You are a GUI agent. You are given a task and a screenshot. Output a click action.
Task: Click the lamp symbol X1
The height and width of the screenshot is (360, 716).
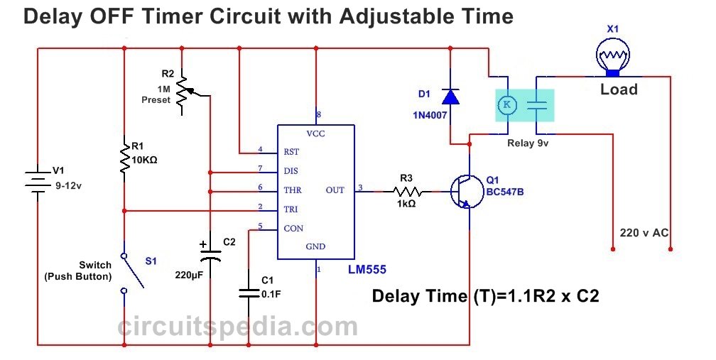[x=612, y=54]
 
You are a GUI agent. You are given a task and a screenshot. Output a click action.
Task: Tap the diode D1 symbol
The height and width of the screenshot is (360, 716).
[x=450, y=95]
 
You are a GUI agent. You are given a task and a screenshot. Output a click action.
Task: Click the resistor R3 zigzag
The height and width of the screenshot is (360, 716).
[x=408, y=191]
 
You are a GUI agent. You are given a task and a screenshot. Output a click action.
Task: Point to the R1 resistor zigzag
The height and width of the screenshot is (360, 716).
[x=124, y=158]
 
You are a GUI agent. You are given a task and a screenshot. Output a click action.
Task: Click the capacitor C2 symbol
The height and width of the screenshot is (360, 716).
[x=210, y=252]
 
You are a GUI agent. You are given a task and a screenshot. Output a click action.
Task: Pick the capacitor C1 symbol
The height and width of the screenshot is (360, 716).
[x=249, y=292]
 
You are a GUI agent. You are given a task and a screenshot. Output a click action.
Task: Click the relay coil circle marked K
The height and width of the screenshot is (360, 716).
[x=507, y=105]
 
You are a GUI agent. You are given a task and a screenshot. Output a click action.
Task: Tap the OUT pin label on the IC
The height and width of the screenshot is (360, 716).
[x=335, y=190]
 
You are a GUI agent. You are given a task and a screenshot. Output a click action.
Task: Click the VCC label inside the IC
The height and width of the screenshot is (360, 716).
[x=316, y=133]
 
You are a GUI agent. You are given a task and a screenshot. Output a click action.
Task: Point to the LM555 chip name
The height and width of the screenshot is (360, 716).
[x=367, y=270]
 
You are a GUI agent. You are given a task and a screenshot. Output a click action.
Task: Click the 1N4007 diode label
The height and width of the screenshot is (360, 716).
[x=430, y=114]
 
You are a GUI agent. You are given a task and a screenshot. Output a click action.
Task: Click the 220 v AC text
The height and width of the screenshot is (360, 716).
[x=644, y=231]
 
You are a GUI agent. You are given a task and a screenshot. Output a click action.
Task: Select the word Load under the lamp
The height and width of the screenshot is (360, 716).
[x=619, y=89]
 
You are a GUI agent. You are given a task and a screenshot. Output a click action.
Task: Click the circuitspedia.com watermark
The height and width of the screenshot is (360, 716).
[x=237, y=327]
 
